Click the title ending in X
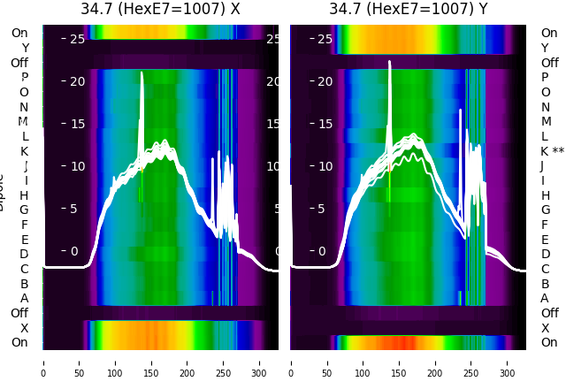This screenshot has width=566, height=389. (160, 10)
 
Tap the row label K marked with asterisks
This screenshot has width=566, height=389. (552, 151)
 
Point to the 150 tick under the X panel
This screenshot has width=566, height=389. (151, 362)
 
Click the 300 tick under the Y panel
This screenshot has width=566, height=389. (508, 362)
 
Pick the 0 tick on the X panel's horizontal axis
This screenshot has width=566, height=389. (43, 362)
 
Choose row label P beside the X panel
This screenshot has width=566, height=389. (25, 78)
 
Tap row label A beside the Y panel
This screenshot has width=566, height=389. (545, 298)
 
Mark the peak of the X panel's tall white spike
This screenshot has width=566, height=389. (141, 73)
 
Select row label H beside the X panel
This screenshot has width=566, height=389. (25, 195)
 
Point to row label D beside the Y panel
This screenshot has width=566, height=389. (545, 254)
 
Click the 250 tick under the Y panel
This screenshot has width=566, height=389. (472, 362)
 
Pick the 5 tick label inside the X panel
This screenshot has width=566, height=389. (74, 209)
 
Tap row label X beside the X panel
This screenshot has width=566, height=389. (25, 328)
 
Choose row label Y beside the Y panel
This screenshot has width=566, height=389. (545, 49)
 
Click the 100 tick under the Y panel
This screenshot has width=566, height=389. (363, 362)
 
